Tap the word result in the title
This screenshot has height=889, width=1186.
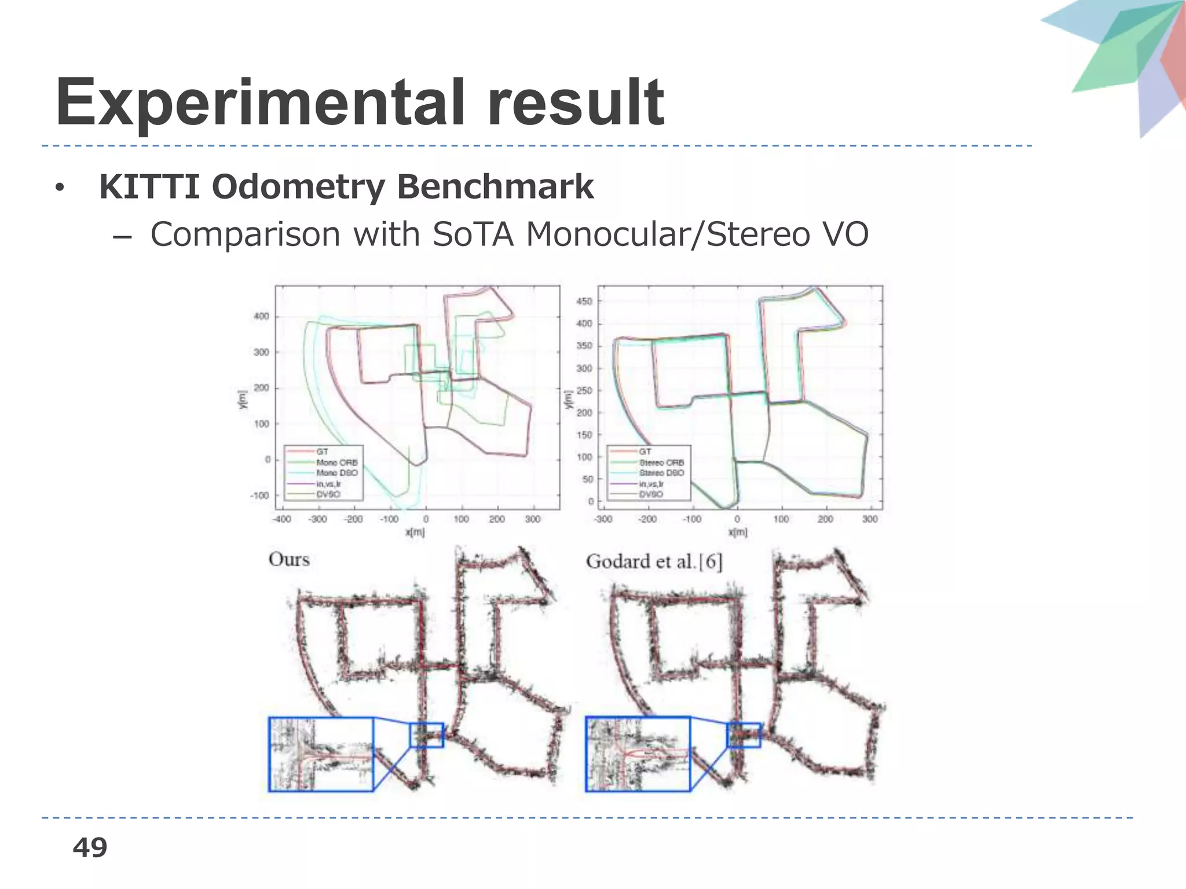(x=576, y=104)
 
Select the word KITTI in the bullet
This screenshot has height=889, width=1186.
(x=149, y=187)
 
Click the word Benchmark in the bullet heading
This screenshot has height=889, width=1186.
(x=496, y=187)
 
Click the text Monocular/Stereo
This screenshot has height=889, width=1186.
(x=662, y=234)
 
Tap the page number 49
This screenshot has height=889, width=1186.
(x=90, y=847)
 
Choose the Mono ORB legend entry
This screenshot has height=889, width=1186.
(x=336, y=462)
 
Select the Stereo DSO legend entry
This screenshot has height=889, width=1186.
(x=661, y=473)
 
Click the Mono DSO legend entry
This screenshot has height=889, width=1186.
(x=336, y=473)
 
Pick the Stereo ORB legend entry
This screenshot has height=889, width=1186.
(x=661, y=462)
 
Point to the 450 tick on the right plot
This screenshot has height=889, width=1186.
(x=584, y=302)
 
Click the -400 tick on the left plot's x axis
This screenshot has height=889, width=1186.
(x=281, y=519)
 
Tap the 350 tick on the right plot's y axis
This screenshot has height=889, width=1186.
(x=584, y=346)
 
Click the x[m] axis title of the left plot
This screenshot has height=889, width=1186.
(x=415, y=532)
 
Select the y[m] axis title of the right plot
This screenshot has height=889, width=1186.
(x=569, y=399)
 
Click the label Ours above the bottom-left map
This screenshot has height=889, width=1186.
(x=289, y=560)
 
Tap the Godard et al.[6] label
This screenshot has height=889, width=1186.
(x=654, y=561)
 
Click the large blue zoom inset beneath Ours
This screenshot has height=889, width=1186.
(x=321, y=754)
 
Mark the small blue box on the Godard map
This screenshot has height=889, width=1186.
(x=744, y=735)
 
